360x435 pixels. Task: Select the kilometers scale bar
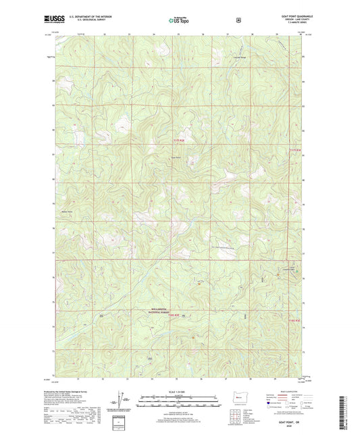178,403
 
